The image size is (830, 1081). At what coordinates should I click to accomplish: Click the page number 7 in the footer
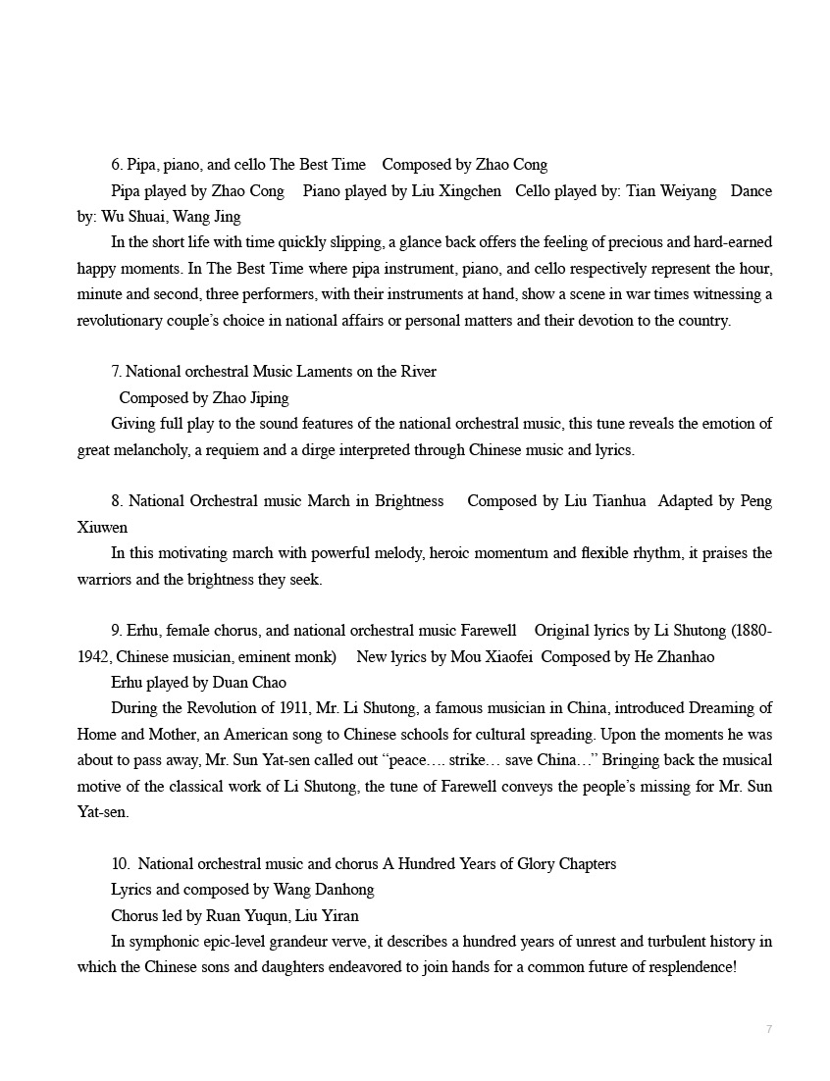point(768,1028)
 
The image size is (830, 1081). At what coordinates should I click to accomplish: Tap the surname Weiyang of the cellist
point(684,190)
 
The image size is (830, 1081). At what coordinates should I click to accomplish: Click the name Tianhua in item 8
point(618,500)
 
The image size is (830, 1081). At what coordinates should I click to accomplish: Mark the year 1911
point(289,707)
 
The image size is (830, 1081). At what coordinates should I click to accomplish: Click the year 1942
point(95,656)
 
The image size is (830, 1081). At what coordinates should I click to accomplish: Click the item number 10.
point(120,864)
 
